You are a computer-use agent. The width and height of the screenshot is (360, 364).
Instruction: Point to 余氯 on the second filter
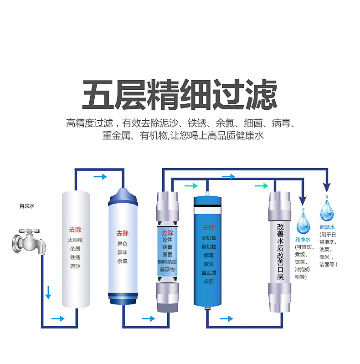click(x=123, y=261)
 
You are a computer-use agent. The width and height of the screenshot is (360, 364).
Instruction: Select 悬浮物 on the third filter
click(x=167, y=270)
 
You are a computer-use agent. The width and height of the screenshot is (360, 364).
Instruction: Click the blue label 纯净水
click(x=303, y=239)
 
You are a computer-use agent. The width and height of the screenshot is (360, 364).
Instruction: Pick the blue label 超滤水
click(x=327, y=226)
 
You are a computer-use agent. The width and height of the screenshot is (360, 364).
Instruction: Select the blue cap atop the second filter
click(x=123, y=196)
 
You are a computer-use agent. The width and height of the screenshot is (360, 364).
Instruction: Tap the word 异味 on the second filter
click(x=123, y=252)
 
